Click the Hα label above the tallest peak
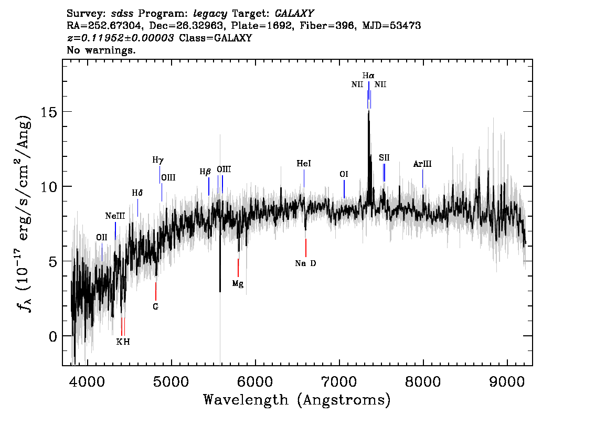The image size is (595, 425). [368, 76]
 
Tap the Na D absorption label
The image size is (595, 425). [305, 263]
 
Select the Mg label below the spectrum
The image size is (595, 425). [238, 284]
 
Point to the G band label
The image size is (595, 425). [156, 306]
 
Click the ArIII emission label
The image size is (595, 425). [422, 164]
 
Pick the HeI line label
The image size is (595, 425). [304, 164]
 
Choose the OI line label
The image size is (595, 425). [344, 174]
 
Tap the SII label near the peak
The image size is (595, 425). [384, 157]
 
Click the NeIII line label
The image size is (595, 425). [115, 216]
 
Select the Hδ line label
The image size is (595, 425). [137, 193]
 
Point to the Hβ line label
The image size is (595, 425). [205, 172]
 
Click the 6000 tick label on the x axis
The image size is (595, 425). [256, 382]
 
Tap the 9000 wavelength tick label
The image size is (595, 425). [507, 382]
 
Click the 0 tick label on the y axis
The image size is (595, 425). [54, 336]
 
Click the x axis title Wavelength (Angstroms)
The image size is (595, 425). [297, 400]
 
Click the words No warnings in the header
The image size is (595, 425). [101, 50]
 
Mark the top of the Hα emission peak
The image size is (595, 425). [368, 111]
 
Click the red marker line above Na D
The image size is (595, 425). [306, 248]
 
